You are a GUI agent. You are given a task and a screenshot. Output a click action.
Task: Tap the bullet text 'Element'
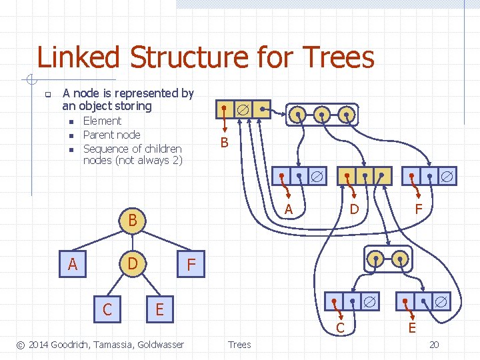click(102, 121)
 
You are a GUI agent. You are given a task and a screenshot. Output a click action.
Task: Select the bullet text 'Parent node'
click(111, 135)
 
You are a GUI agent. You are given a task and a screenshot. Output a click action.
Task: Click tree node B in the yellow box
click(133, 219)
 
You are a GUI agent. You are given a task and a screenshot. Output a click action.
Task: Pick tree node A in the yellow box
click(73, 265)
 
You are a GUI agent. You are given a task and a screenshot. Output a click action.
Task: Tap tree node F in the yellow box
click(191, 265)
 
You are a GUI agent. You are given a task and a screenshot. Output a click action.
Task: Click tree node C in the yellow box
click(107, 309)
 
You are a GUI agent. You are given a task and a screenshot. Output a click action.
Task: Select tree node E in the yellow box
click(159, 309)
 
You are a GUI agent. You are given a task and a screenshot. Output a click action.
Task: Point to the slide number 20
click(433, 344)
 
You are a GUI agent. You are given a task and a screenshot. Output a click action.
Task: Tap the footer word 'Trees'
click(239, 344)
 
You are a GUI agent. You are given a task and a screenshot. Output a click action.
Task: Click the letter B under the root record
click(224, 143)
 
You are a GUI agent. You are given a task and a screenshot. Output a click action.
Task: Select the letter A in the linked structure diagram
click(289, 209)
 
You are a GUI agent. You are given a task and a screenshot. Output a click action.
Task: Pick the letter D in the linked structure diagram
click(355, 209)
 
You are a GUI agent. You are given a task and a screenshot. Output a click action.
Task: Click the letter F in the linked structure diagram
click(419, 209)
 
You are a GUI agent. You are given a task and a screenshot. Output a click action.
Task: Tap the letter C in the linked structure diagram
click(340, 327)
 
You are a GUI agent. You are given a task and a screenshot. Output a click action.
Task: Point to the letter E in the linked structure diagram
click(412, 327)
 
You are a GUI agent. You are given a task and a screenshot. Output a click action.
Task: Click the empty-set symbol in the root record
click(244, 108)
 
